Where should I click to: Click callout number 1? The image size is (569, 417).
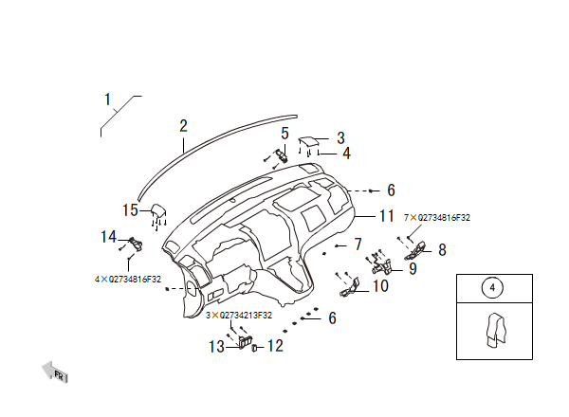pos(107,100)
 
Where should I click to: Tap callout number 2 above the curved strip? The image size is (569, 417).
pos(184,126)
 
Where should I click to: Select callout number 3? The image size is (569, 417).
pos(340,137)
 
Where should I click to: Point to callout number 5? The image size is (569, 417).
pos(284,133)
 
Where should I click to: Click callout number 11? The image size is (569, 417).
pos(387,216)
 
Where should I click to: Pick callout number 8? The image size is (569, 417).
pos(442,250)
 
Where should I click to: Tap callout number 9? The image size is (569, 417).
pos(413,269)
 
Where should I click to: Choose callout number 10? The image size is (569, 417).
pos(380,286)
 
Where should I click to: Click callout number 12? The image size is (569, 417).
pos(275,346)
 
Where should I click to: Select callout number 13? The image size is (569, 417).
pos(216,347)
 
